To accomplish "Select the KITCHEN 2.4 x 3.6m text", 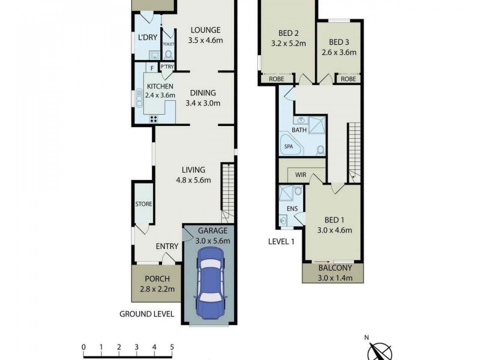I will [x=160, y=91].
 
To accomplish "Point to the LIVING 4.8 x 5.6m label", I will [x=190, y=174].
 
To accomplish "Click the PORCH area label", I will [x=152, y=284].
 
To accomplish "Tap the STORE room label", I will [x=143, y=205].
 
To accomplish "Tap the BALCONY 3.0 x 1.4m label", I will [x=333, y=272].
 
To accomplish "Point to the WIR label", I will [x=301, y=175].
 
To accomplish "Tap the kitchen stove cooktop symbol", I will [x=154, y=118].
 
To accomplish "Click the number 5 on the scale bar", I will [x=172, y=347].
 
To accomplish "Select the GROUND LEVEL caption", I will [x=146, y=314].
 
